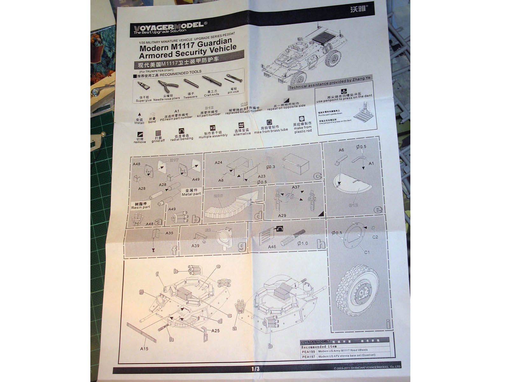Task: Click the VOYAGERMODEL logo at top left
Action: (169, 27)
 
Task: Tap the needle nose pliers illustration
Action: (168, 86)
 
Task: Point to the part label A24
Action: (218, 163)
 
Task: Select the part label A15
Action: (144, 349)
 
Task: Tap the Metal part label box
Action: (191, 192)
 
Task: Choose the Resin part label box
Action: (140, 205)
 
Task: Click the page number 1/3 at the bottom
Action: (255, 369)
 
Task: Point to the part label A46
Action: (272, 247)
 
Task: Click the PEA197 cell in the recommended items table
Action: (308, 357)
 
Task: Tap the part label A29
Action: (282, 216)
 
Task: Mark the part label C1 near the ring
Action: (367, 252)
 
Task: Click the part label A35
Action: (169, 233)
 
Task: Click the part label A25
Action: (215, 330)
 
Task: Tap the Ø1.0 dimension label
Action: (302, 244)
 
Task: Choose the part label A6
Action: (341, 150)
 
